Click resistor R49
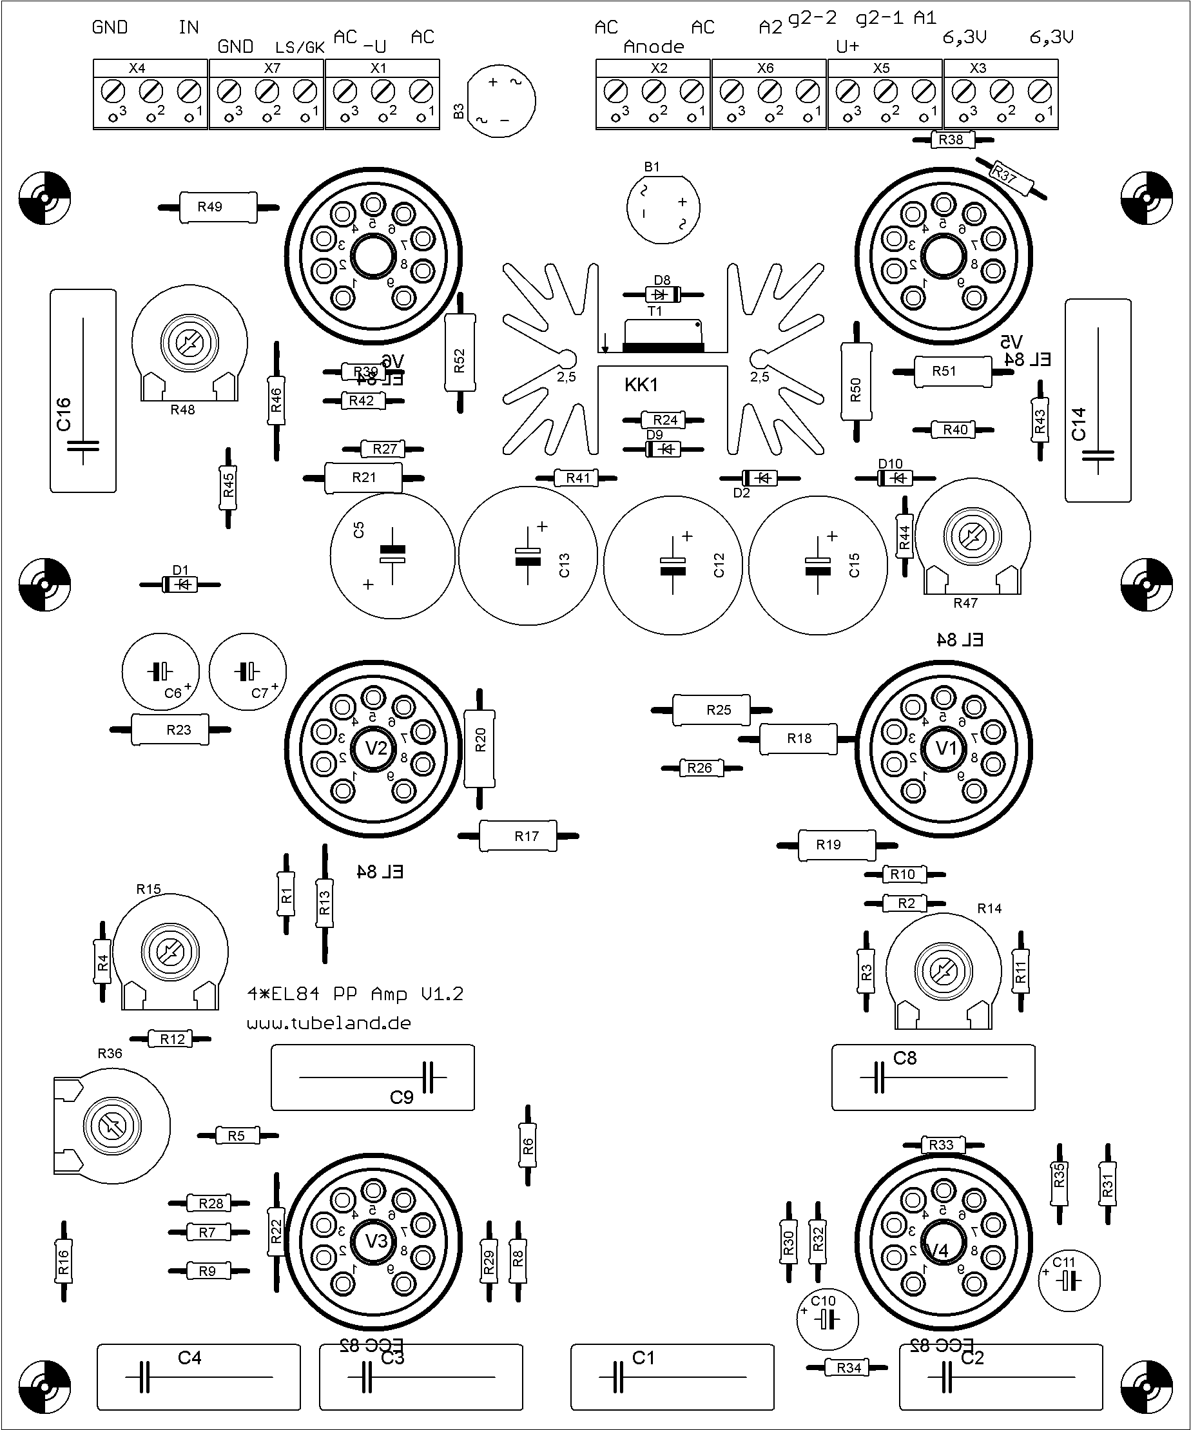(x=218, y=207)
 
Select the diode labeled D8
(x=662, y=294)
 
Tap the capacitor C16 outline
(x=83, y=390)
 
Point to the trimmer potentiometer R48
(x=189, y=344)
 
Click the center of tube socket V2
(x=373, y=749)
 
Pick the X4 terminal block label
(x=137, y=68)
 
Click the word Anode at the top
(x=654, y=47)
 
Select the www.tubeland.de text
(x=329, y=1023)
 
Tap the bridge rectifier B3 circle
(x=501, y=101)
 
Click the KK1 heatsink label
(x=641, y=385)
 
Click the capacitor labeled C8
(x=933, y=1077)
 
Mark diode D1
(x=180, y=585)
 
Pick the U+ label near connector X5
(x=847, y=47)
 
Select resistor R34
(x=847, y=1367)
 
